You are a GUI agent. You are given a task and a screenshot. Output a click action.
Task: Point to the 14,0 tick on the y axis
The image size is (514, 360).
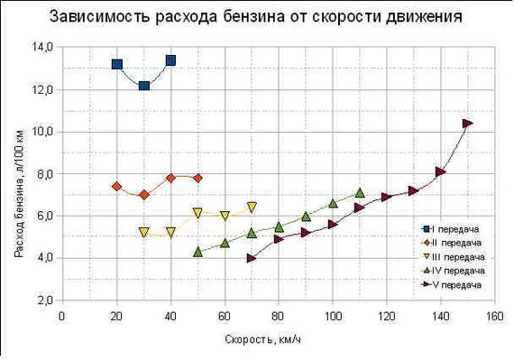pyautogui.click(x=42, y=47)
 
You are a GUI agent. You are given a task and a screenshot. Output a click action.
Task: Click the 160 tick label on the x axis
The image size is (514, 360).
pyautogui.click(x=494, y=315)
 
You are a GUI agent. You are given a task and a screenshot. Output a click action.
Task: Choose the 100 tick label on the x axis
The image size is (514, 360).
pyautogui.click(x=333, y=315)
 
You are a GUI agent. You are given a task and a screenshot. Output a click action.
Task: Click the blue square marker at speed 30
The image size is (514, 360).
pyautogui.click(x=143, y=86)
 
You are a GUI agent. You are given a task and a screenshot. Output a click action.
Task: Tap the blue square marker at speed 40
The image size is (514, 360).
pyautogui.click(x=170, y=60)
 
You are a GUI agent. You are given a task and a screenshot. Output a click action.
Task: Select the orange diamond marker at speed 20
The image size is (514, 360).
pyautogui.click(x=116, y=187)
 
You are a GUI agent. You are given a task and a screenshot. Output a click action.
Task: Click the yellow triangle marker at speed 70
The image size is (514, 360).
pyautogui.click(x=252, y=207)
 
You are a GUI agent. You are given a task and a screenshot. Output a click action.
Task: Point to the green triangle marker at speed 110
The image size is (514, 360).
pyautogui.click(x=360, y=192)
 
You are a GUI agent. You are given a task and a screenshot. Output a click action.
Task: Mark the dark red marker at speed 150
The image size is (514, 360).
pyautogui.click(x=467, y=124)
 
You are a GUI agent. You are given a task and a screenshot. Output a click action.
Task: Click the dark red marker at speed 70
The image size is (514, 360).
pyautogui.click(x=252, y=258)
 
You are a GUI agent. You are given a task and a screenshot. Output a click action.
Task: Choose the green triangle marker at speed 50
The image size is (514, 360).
pyautogui.click(x=197, y=252)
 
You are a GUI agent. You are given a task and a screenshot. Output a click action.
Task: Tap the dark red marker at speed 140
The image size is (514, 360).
pyautogui.click(x=440, y=171)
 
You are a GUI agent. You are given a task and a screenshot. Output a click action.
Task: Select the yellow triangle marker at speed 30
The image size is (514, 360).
pyautogui.click(x=143, y=232)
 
